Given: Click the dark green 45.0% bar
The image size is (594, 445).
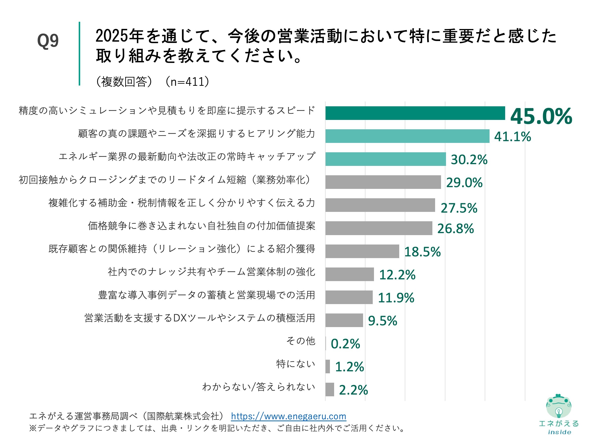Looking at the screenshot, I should (415, 113).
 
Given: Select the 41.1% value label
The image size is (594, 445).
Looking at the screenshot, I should (512, 136).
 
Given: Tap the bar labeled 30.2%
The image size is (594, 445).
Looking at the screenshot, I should (385, 159).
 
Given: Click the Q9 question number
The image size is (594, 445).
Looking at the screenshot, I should (48, 41).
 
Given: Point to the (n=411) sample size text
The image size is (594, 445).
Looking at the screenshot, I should (187, 82).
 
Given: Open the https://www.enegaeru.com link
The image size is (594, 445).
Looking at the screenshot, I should (288, 416).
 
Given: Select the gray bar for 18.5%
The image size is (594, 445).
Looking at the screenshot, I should (362, 251).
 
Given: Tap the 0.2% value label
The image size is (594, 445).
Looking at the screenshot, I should (345, 344).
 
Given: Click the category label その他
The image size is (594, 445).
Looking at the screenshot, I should (300, 341).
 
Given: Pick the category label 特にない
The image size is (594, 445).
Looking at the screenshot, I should (296, 364).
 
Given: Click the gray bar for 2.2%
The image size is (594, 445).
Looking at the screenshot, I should (330, 389).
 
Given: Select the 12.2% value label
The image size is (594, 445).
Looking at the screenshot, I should (397, 275).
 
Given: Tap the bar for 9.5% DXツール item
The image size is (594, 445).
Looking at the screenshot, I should (344, 320).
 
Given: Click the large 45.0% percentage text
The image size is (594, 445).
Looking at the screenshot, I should (541, 116).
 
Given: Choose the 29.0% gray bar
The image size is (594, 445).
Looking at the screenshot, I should (383, 182).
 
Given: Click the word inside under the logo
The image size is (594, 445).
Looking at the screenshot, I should (559, 432).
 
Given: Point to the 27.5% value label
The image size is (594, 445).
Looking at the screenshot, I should (459, 208).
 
